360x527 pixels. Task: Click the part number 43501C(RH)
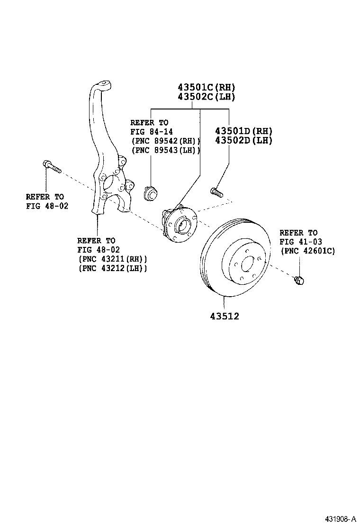(206, 87)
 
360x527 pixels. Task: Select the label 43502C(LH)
(206, 97)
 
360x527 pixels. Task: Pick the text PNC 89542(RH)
(166, 141)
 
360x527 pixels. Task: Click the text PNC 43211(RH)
(112, 259)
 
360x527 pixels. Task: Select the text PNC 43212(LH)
(112, 268)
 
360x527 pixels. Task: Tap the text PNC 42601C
(308, 251)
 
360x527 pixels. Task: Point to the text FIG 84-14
(149, 132)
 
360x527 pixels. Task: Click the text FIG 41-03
(301, 242)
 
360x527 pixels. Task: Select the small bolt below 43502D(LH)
(216, 192)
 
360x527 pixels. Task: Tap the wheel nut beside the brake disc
(299, 280)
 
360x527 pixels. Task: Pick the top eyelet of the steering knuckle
(103, 85)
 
